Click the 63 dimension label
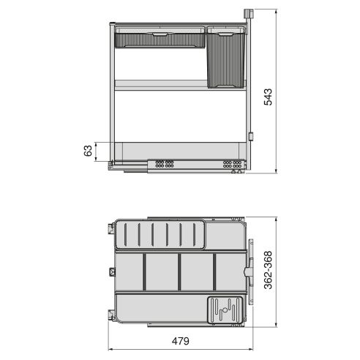[89, 151]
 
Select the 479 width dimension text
[180, 340]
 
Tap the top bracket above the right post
[248, 14]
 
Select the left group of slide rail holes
[163, 164]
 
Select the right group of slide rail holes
[233, 164]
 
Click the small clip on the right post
[250, 136]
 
